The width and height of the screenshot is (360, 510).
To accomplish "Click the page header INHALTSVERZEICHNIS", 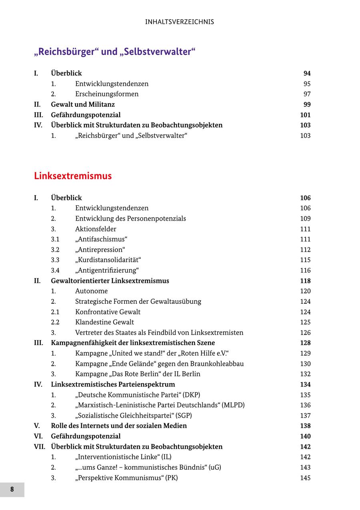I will click(x=180, y=22).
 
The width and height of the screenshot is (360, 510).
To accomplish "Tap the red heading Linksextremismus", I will click(x=73, y=176).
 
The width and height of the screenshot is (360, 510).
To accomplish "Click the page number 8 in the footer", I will click(x=12, y=490).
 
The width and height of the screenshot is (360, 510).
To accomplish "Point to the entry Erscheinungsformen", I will click(x=107, y=94).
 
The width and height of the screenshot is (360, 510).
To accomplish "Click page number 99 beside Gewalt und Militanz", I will click(x=307, y=105).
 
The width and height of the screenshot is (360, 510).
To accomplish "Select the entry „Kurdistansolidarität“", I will click(x=108, y=260).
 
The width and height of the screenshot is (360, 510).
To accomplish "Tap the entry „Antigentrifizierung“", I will click(x=107, y=271).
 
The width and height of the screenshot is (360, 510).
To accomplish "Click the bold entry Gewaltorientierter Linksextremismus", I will click(x=110, y=281).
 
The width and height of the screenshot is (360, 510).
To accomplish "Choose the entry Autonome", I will click(x=91, y=291).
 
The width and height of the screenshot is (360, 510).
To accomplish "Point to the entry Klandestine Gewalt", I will click(x=104, y=322).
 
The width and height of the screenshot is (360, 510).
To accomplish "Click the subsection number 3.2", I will click(x=55, y=250).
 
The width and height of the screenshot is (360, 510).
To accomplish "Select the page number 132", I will click(x=305, y=374).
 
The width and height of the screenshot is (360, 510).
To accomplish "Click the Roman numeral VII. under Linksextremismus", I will click(x=40, y=447).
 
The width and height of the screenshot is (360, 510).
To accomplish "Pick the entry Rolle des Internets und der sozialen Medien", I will click(x=119, y=426).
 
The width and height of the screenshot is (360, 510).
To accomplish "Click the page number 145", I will click(x=305, y=478).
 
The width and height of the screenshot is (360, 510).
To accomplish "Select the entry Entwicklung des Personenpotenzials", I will click(x=130, y=219).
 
